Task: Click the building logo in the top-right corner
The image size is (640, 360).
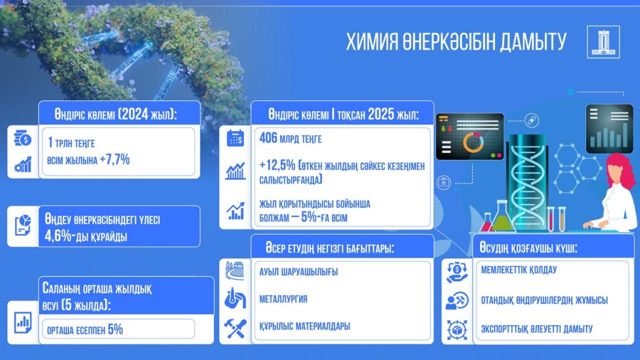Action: (603, 41)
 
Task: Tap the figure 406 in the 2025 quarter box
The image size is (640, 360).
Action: (268, 138)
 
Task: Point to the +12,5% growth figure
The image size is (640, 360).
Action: (277, 166)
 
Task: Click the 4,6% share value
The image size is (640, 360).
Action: (58, 236)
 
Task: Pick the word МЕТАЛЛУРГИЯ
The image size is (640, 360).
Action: (283, 299)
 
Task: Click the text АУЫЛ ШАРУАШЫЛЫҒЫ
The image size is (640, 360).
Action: (299, 272)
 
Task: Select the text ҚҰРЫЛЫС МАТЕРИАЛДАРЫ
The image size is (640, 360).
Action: (304, 327)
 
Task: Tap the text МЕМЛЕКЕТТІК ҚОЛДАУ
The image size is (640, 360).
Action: (519, 270)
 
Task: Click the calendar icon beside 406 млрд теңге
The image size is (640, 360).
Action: (235, 138)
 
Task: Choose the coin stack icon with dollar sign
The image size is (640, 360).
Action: (23, 139)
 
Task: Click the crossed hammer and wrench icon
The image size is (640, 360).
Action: (235, 329)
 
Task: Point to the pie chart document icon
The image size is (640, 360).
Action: (23, 225)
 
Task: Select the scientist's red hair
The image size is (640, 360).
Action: (619, 171)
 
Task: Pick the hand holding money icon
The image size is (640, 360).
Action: (457, 272)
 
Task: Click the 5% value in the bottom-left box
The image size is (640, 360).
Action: (115, 329)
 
